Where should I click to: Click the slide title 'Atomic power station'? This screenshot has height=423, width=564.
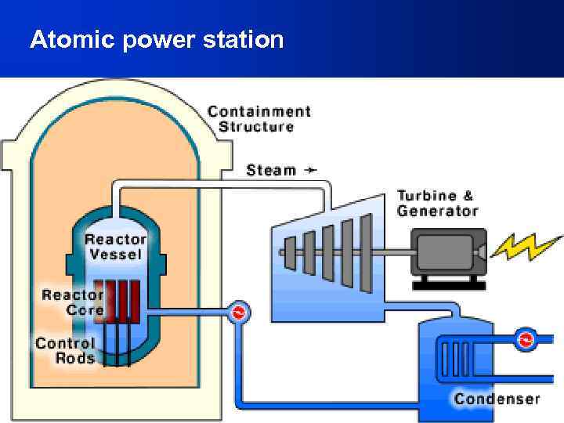[157, 39]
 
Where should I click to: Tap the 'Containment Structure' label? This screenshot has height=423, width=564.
[258, 119]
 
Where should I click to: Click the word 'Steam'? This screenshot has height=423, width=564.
[271, 170]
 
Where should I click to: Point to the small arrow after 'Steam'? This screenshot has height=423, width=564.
[311, 169]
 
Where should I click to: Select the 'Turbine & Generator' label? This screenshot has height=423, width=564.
[437, 203]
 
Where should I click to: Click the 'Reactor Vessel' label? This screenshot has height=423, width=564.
[115, 247]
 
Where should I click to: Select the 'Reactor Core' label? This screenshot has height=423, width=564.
[72, 302]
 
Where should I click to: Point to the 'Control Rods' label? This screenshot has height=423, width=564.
[65, 351]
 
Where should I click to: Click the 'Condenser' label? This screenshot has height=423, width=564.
[497, 399]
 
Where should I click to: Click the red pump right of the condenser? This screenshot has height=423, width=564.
[525, 341]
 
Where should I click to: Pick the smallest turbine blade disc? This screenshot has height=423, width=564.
[291, 252]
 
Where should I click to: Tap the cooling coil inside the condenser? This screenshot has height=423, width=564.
[457, 358]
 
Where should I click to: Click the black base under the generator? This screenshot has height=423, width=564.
[449, 284]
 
